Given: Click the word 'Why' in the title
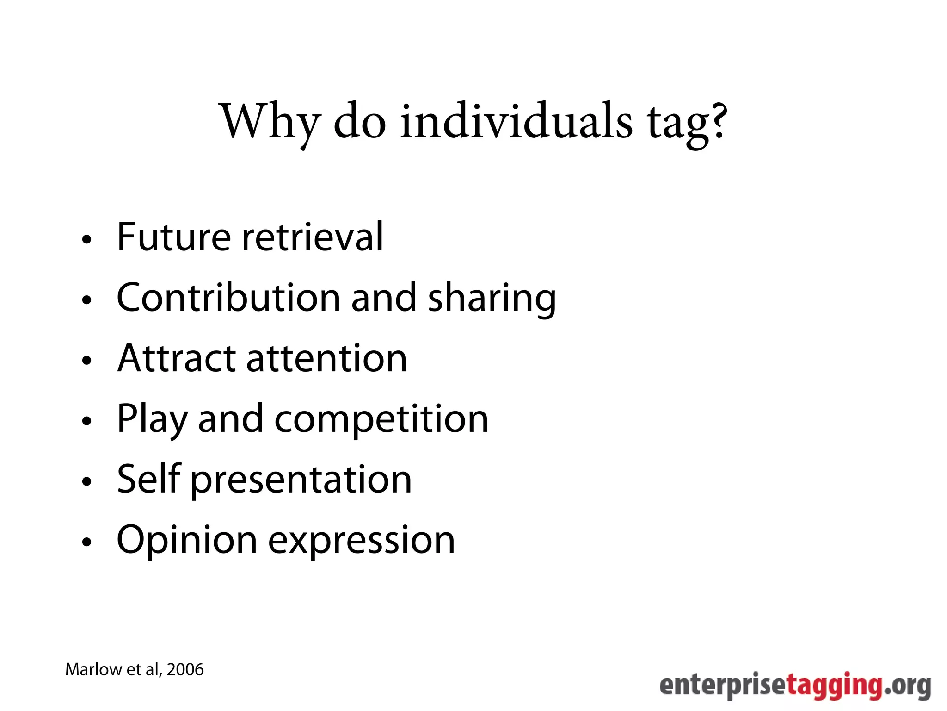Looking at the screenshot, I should (270, 121).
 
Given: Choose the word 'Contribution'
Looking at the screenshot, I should (228, 297).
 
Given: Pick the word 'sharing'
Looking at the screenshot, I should (492, 299).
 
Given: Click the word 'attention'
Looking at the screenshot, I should (326, 358).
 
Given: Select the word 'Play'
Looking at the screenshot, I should (152, 419).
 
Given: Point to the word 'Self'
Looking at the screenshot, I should (148, 479).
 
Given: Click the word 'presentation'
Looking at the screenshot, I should (301, 480).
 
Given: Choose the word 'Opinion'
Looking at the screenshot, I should (187, 541).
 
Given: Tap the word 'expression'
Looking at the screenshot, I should (362, 541).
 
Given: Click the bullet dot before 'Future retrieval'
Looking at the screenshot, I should (86, 240).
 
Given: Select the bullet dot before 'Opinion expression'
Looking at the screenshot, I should (86, 542).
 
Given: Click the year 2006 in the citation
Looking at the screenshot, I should (185, 670).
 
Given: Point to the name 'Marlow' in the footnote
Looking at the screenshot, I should (93, 670).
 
